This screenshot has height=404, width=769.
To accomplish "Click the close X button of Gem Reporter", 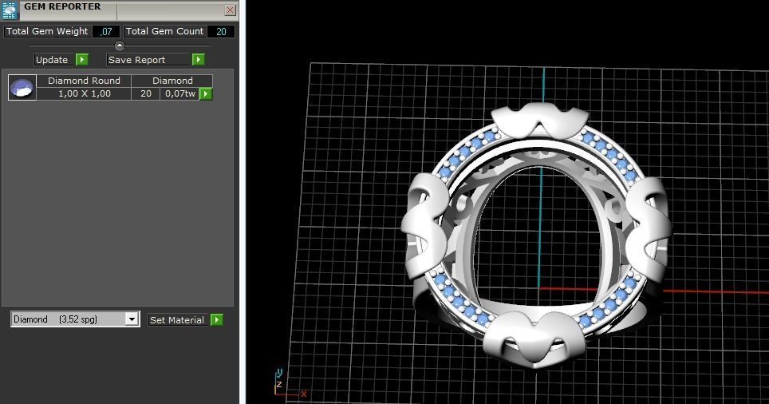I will [230, 10].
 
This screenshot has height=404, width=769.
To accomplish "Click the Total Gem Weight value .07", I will [105, 31].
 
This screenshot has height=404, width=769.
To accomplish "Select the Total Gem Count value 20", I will [220, 31].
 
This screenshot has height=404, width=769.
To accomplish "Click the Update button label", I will [52, 60].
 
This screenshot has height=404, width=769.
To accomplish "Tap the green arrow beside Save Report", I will [198, 60].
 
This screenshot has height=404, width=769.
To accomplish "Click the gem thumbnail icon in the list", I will [22, 87].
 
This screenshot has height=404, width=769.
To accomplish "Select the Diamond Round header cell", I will [84, 81].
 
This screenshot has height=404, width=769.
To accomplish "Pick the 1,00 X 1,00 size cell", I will [84, 93].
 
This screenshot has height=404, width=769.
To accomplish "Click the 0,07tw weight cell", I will [179, 93].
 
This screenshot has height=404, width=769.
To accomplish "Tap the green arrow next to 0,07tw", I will [206, 93].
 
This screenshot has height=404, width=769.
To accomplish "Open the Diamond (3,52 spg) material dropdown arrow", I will [132, 319].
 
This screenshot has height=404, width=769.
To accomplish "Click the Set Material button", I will [177, 320].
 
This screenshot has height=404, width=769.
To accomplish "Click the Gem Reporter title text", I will [62, 6].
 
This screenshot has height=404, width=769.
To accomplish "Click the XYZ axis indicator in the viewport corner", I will [284, 383].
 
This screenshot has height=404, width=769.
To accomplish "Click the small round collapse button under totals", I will [120, 46].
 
